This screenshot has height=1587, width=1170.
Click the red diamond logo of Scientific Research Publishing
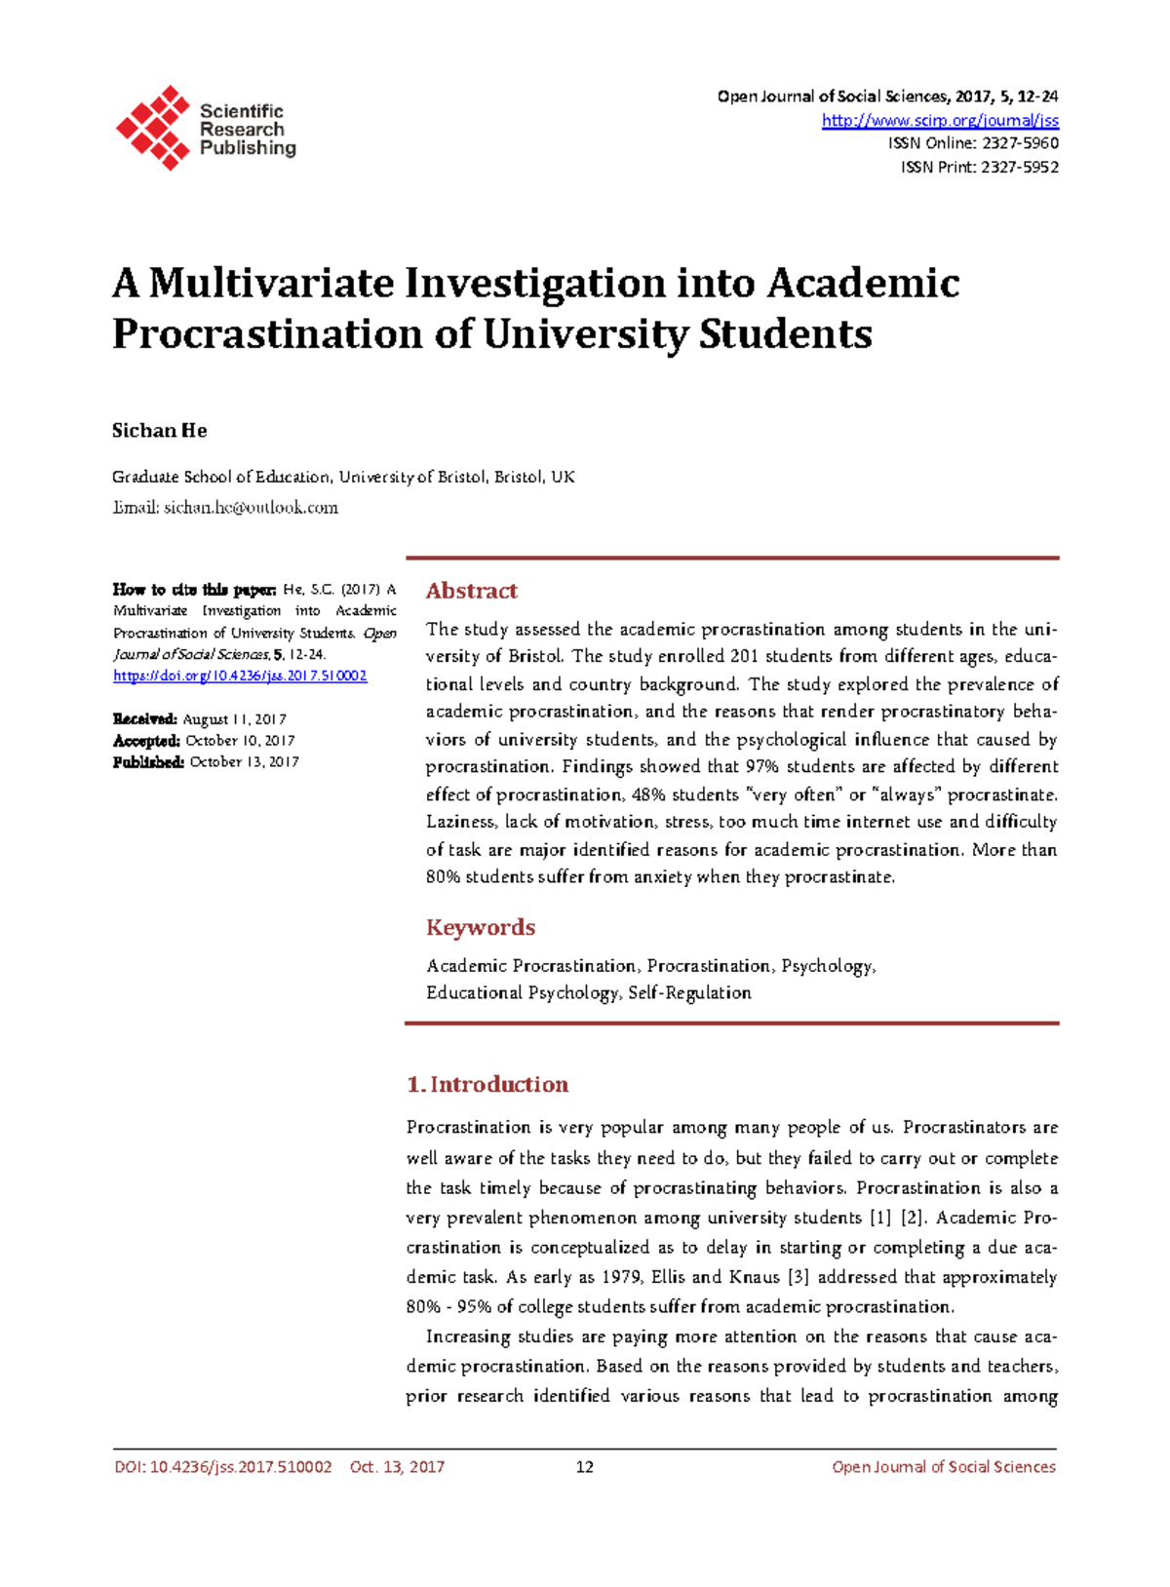[153, 128]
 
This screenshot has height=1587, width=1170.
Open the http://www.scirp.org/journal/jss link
[939, 120]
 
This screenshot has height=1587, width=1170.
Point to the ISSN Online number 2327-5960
[1019, 143]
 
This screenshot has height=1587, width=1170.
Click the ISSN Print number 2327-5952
[1019, 167]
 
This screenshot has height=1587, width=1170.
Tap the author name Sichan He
[159, 431]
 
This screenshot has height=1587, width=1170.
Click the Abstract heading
[471, 591]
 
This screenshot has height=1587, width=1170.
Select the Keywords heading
[480, 927]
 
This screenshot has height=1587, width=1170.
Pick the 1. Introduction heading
[487, 1084]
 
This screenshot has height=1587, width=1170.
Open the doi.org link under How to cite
[240, 676]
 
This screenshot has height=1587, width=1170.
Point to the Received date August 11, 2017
[234, 719]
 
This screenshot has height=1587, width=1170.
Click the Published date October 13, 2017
[244, 762]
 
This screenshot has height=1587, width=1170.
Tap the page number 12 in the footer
[584, 1467]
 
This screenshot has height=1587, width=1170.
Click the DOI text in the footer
[222, 1467]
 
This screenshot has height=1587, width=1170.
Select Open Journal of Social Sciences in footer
[943, 1467]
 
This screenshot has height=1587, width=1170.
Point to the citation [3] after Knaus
[798, 1277]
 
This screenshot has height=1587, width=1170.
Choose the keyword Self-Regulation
[689, 992]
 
